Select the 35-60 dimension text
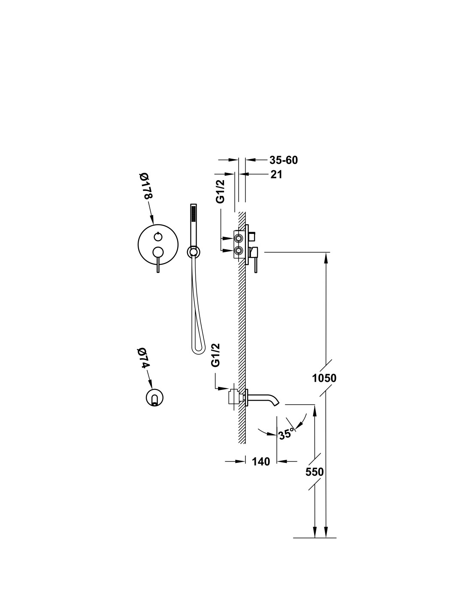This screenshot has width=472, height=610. click(283, 160)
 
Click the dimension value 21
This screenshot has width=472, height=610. click(276, 175)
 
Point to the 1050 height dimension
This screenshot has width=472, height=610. click(324, 378)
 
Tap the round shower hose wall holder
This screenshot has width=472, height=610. click(193, 251)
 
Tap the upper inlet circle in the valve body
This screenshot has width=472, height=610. click(239, 239)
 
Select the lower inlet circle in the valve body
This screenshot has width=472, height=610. click(239, 251)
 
